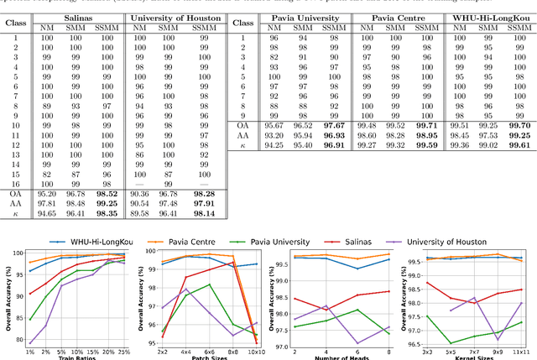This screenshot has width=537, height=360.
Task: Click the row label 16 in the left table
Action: tap(15, 184)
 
